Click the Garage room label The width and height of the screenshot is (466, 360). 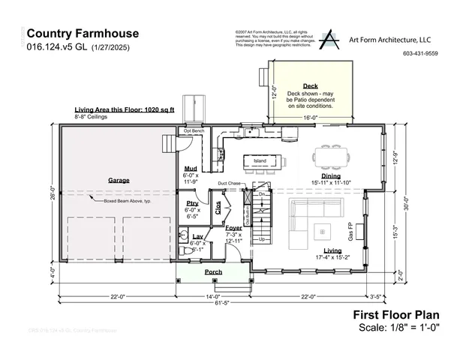click(x=119, y=181)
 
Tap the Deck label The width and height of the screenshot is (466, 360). click(x=311, y=86)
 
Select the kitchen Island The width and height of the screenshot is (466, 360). click(x=260, y=160)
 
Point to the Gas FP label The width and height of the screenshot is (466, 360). click(x=350, y=229)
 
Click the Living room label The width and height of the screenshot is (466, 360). click(x=332, y=250)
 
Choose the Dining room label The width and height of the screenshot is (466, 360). click(x=331, y=175)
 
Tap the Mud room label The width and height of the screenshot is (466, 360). click(x=191, y=169)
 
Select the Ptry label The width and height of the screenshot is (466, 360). click(x=192, y=203)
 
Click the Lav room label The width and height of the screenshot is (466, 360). click(x=197, y=236)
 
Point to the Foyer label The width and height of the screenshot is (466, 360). click(x=233, y=227)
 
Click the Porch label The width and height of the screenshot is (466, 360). click(x=214, y=271)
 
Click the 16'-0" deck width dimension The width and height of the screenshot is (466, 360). click(x=310, y=118)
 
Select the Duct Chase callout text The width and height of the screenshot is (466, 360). click(x=229, y=183)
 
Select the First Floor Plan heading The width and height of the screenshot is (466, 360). click(x=395, y=315)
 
